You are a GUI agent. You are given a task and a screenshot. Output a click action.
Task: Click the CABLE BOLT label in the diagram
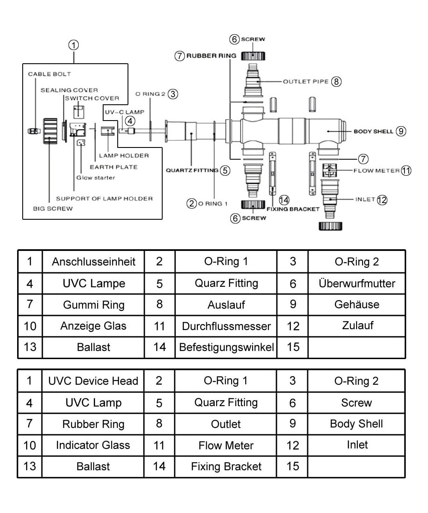pyautogui.click(x=49, y=74)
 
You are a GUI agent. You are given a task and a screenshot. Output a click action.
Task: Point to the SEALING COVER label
pyautogui.click(x=69, y=90)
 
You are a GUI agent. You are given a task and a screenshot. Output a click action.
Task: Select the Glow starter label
pyautogui.click(x=95, y=177)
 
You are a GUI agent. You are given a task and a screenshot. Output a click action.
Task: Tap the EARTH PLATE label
pyautogui.click(x=113, y=167)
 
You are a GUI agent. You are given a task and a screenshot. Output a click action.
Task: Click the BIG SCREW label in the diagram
pyautogui.click(x=53, y=209)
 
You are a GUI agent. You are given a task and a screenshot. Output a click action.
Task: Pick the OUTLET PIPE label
pyautogui.click(x=305, y=81)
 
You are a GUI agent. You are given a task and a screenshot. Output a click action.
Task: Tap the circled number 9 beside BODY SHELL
pyautogui.click(x=401, y=131)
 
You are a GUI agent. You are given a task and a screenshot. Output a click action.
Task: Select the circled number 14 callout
pyautogui.click(x=283, y=200)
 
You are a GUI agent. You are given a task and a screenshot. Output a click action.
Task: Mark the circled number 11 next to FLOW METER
pyautogui.click(x=406, y=171)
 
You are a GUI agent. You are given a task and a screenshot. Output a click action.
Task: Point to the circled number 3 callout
pyautogui.click(x=172, y=94)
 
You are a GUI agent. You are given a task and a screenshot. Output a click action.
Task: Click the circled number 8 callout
pyautogui.click(x=336, y=81)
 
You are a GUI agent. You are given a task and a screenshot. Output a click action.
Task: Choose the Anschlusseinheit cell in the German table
pyautogui.click(x=93, y=262)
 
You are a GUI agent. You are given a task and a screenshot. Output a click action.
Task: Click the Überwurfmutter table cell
pyautogui.click(x=357, y=283)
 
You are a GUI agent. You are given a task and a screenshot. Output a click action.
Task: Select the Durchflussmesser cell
pyautogui.click(x=226, y=326)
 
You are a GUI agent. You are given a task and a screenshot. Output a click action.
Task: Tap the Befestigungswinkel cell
pyautogui.click(x=226, y=347)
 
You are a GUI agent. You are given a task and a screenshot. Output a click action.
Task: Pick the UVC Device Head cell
pyautogui.click(x=93, y=381)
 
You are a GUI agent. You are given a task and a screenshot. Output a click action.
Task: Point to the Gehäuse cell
pyautogui.click(x=357, y=304)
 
